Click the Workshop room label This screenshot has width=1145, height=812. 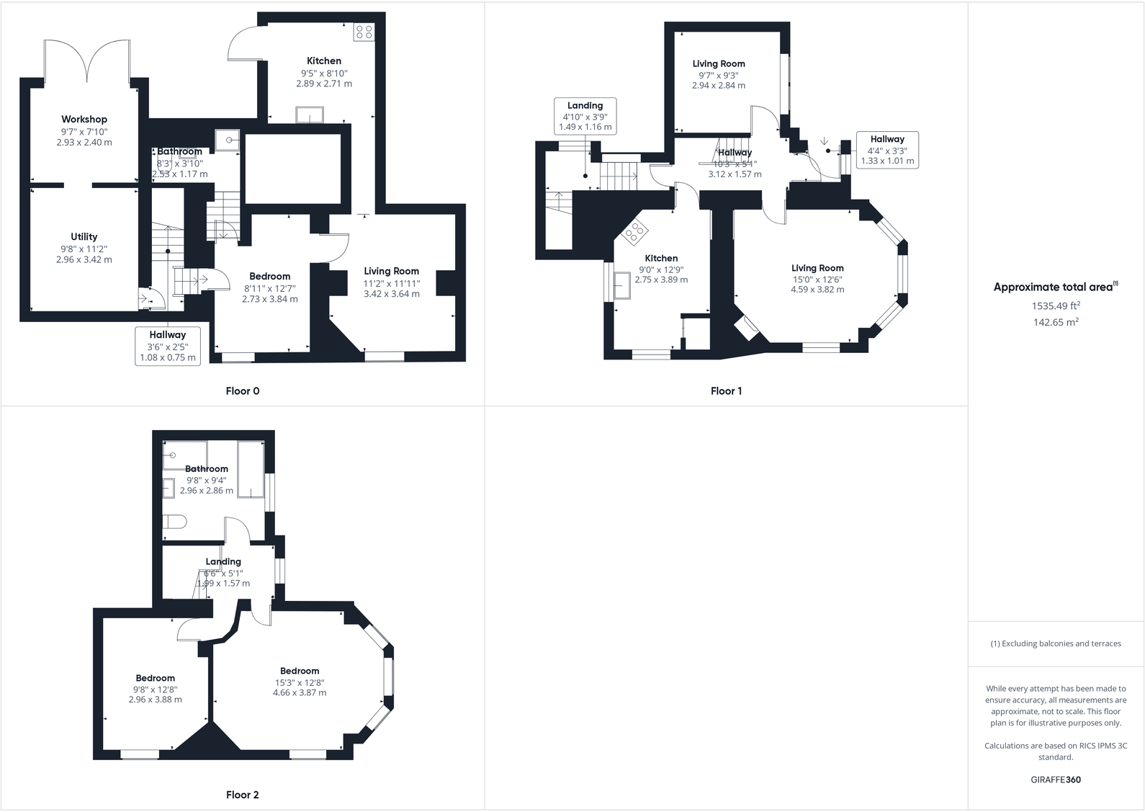coord(84,120)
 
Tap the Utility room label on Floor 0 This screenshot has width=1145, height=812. coord(84,237)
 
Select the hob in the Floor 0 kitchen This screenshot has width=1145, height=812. coord(364,32)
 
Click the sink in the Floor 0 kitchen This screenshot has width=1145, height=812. coord(310,115)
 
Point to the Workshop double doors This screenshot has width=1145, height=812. coord(87,61)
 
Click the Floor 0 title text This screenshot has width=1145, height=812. coord(243,391)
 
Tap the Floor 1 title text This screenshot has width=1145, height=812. coord(726,391)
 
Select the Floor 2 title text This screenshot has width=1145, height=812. coord(243,795)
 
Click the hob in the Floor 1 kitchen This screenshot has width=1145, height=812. coord(635,231)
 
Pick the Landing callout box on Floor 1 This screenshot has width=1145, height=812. coord(585,116)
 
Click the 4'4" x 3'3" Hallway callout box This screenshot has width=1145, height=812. coord(887,150)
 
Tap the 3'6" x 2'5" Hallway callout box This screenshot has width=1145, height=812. coord(168,346)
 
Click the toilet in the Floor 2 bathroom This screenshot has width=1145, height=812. coord(175,522)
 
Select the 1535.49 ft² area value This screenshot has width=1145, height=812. coord(1056,306)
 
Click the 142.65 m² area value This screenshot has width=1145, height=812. coord(1056,323)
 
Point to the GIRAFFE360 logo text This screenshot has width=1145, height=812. coord(1056,780)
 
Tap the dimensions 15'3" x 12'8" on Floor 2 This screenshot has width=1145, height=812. coord(300,682)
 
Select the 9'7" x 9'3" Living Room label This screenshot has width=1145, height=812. coord(719,75)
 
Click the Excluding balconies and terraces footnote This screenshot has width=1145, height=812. coord(1056,643)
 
